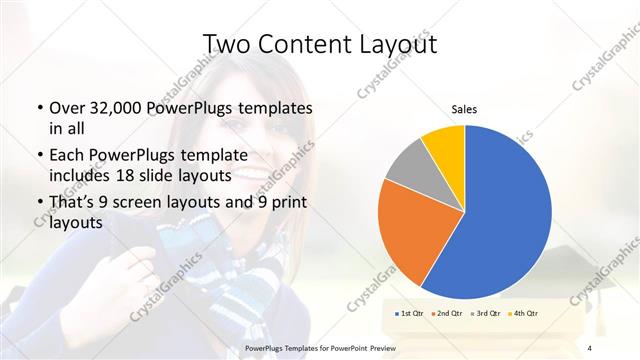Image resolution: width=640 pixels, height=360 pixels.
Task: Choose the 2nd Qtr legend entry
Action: point(447,314)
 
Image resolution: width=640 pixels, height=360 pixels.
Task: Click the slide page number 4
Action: point(590,347)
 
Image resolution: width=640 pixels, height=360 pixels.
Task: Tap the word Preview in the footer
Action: point(417,347)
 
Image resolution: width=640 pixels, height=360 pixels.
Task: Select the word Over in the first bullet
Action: point(66,108)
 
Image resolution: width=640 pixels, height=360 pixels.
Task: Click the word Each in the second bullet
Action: point(66,155)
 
